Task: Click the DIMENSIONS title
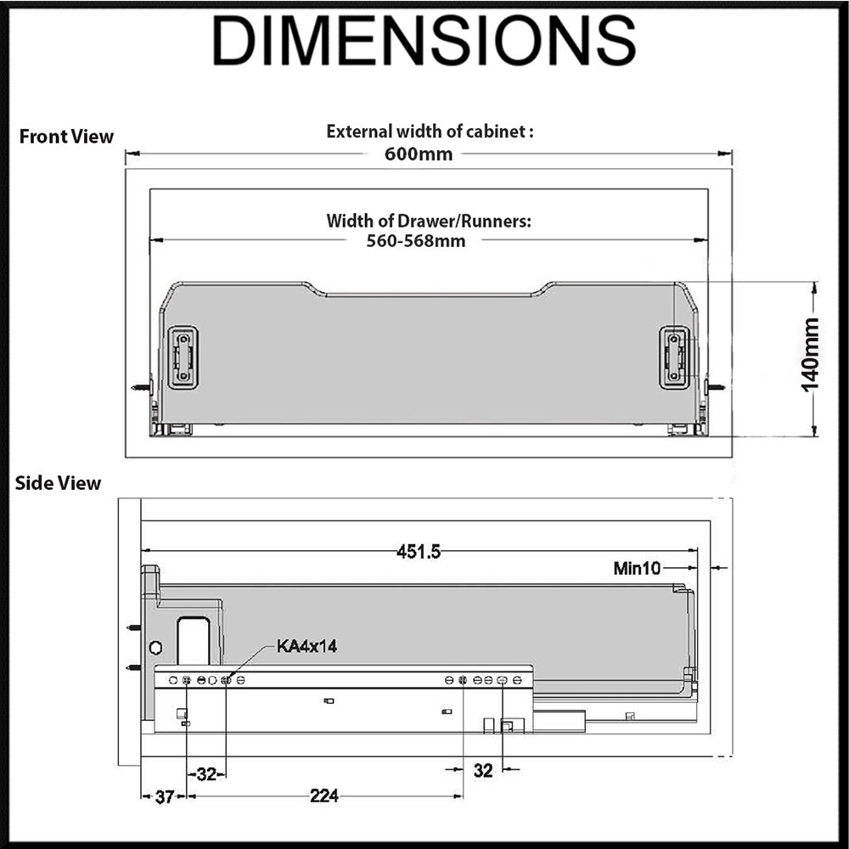[424, 40]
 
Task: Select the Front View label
[66, 137]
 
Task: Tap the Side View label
[58, 483]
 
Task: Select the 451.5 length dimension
[419, 552]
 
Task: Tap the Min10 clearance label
[637, 568]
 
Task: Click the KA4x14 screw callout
[307, 646]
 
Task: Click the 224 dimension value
[324, 796]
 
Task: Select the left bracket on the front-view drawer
[183, 357]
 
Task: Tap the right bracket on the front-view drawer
[675, 357]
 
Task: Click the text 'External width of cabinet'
[430, 132]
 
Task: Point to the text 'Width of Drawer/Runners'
[429, 221]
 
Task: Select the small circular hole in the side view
[155, 648]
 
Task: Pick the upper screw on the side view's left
[132, 628]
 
